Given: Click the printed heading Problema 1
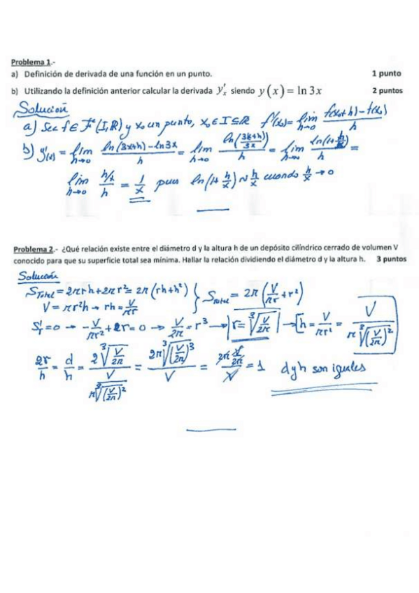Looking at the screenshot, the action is pyautogui.click(x=31, y=62).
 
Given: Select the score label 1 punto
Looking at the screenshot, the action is pyautogui.click(x=388, y=73).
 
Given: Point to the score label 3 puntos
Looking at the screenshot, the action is pyautogui.click(x=391, y=259).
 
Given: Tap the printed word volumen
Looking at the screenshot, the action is pyautogui.click(x=376, y=248).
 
